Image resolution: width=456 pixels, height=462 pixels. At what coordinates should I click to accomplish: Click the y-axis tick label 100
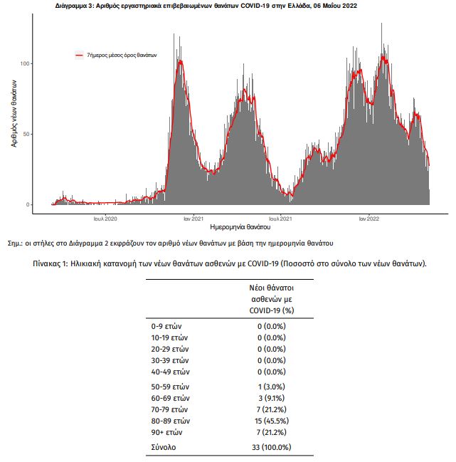point(24,63)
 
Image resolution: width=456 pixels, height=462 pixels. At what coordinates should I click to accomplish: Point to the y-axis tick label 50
point(26,134)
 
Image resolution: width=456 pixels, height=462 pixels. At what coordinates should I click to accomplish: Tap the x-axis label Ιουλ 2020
point(105,219)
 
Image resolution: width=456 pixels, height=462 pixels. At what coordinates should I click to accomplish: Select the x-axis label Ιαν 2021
point(193,219)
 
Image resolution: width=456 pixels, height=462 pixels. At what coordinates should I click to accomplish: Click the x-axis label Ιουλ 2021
point(280,219)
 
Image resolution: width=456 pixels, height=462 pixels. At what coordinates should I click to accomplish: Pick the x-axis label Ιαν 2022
point(369,219)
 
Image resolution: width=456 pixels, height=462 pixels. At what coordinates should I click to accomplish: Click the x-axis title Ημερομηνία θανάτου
point(240,227)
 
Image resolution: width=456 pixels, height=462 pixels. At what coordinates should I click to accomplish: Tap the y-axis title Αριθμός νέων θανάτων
point(14,113)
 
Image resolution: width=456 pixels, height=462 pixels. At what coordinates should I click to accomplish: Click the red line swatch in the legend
point(80,55)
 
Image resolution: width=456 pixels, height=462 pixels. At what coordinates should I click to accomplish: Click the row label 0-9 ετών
point(166,326)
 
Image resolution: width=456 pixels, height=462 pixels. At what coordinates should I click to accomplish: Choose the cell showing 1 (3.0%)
point(272,387)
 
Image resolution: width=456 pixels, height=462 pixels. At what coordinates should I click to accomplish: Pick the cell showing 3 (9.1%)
point(272,398)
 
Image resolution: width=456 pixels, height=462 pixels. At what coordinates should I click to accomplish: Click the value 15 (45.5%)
point(272,421)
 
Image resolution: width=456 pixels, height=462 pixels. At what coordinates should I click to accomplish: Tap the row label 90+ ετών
point(166,432)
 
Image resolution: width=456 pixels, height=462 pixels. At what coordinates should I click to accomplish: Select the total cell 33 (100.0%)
point(272,447)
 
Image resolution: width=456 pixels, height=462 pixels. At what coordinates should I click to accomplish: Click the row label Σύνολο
point(164,447)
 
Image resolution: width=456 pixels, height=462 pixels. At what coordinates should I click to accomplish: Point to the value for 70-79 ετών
point(272,409)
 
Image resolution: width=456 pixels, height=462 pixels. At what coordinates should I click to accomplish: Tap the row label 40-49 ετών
point(171,372)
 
